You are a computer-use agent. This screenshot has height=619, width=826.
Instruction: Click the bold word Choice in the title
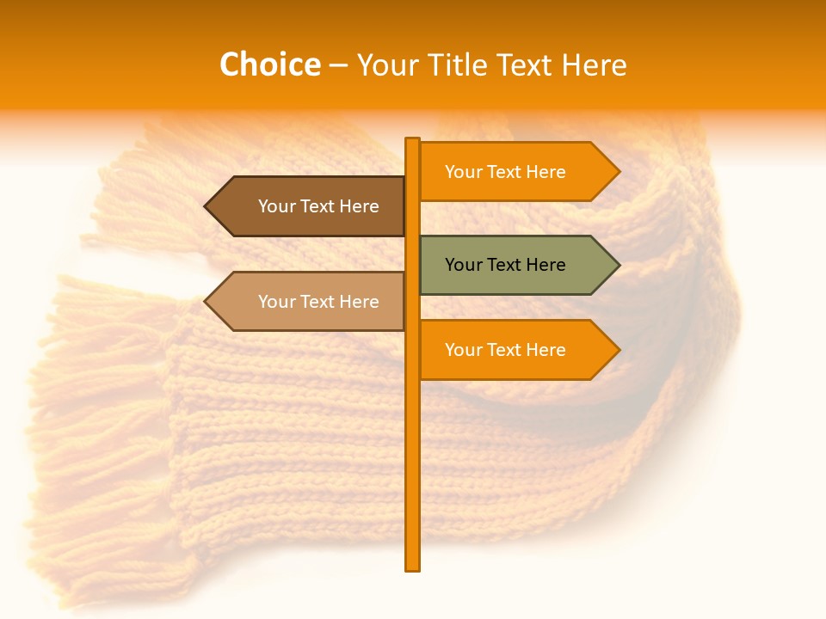coord(269,64)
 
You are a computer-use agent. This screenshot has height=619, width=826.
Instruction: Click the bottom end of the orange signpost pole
coord(413,567)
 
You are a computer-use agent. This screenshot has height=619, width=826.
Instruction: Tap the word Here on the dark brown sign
coord(359,206)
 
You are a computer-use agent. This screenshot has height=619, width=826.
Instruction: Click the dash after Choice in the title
coord(338,65)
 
